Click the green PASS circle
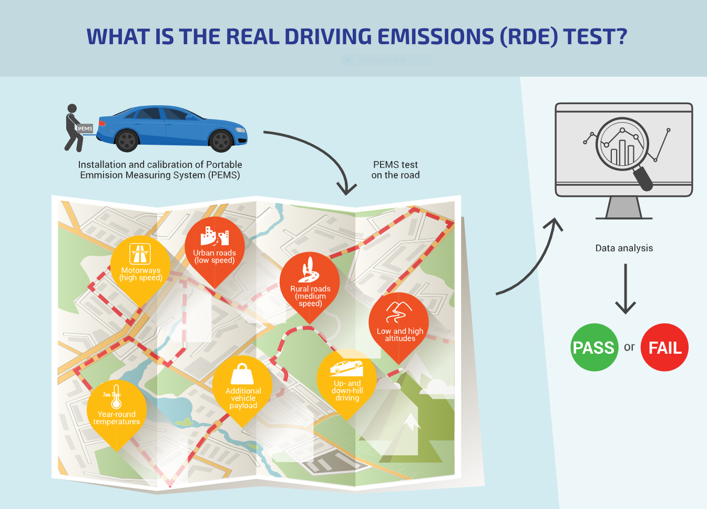(594, 347)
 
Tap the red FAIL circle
(664, 347)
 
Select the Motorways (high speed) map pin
(140, 266)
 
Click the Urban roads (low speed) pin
(214, 247)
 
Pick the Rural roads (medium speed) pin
(310, 284)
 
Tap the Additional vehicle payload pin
(243, 387)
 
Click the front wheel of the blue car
(221, 141)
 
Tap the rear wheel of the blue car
(127, 141)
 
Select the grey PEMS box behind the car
(85, 128)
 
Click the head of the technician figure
(73, 108)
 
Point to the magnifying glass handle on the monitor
(643, 178)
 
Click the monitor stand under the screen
(624, 208)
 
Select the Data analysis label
(624, 248)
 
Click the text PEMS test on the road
(395, 170)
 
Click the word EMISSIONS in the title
(436, 37)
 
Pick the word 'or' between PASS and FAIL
(629, 347)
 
